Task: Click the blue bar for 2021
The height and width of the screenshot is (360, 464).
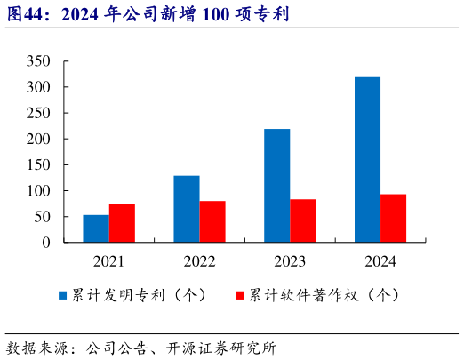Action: [96, 228]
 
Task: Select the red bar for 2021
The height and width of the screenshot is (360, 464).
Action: [122, 223]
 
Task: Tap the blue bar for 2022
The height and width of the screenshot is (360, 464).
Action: [187, 209]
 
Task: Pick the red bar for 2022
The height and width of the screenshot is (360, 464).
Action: [212, 221]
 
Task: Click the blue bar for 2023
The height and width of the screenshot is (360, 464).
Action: [276, 186]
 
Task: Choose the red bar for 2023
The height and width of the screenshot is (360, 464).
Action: [303, 220]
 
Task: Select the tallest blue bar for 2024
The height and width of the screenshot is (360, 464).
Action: [367, 160]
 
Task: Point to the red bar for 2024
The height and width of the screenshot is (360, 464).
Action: [393, 218]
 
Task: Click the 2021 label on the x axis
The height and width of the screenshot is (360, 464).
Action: [109, 261]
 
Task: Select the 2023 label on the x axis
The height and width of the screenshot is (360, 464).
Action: [290, 261]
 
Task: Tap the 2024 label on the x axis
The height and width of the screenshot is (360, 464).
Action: [380, 261]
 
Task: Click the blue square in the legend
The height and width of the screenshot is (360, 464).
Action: [63, 295]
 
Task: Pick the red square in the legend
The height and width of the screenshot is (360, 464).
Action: [239, 295]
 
